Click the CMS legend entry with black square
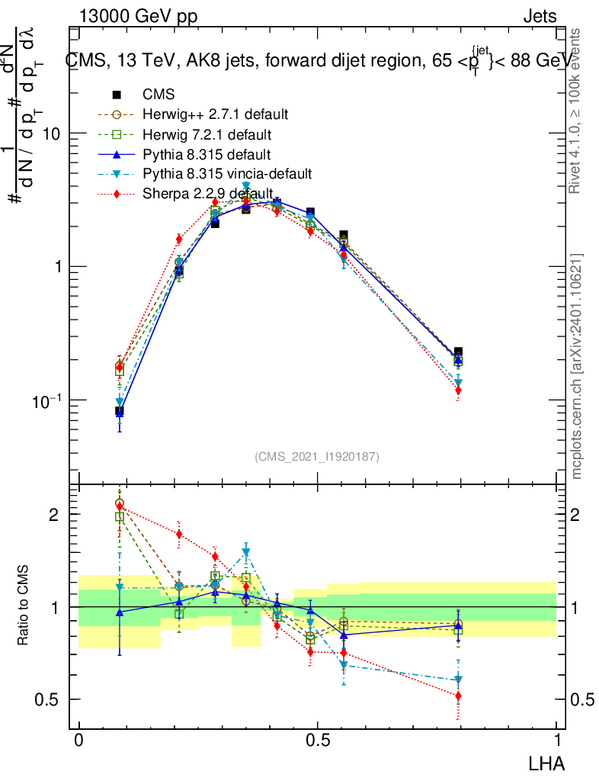pos(159,95)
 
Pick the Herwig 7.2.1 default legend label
pos(207,135)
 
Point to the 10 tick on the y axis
pos(51,133)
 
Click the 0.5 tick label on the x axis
pos(317,741)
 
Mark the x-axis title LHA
pos(547,762)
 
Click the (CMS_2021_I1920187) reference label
pos(317,456)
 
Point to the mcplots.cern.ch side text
pos(577,366)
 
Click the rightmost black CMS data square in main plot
pos(458,352)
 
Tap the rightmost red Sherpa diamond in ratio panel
pos(458,696)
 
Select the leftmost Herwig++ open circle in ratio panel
pos(120,503)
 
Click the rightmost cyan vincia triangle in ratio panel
pos(458,680)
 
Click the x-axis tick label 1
pos(557,741)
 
